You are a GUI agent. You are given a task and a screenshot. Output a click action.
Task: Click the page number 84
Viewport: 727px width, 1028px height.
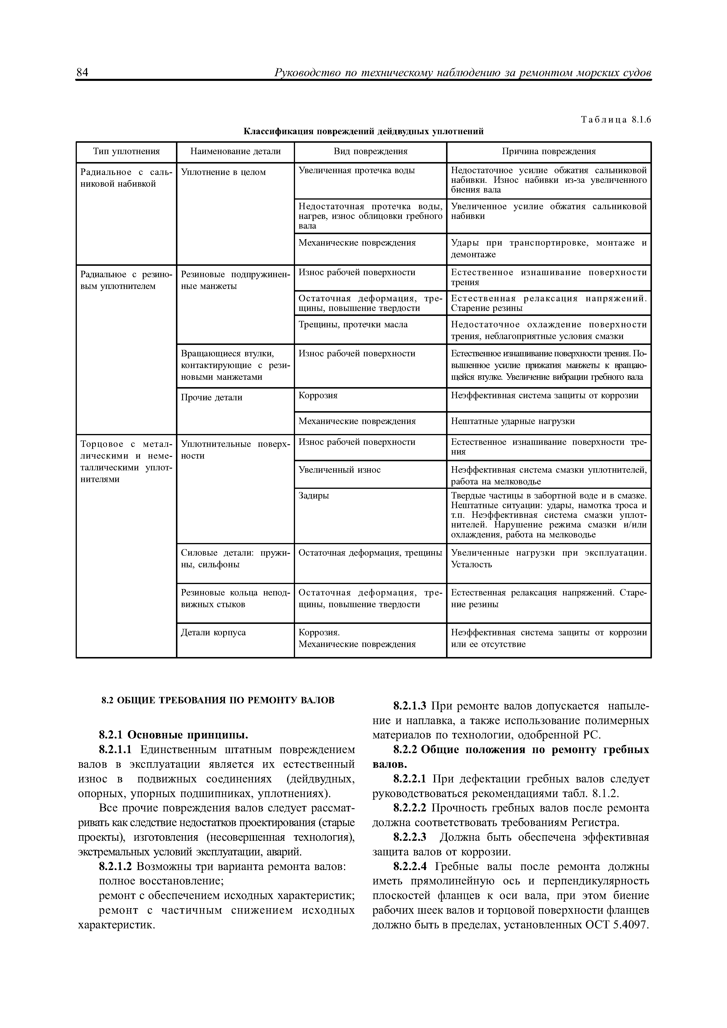(x=82, y=73)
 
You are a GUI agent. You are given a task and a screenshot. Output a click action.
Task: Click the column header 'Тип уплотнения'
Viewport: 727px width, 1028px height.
(x=126, y=151)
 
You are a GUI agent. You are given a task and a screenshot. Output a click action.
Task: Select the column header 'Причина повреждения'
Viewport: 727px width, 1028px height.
(x=548, y=151)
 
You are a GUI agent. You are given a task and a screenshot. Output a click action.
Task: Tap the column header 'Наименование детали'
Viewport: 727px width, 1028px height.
(x=235, y=151)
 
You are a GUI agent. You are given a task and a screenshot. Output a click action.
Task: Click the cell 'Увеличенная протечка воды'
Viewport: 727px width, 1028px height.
(x=357, y=171)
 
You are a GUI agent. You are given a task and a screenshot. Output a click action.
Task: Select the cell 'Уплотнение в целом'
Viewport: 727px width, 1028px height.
(x=223, y=172)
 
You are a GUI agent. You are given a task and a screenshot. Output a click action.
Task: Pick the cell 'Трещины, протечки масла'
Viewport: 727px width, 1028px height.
(x=353, y=325)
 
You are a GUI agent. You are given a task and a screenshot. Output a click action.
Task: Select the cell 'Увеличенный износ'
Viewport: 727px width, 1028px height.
(x=340, y=470)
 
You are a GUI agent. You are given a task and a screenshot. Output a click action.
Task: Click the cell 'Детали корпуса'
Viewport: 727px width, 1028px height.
(x=213, y=633)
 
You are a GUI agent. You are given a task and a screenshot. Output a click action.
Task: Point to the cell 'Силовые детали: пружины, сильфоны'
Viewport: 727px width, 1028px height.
(x=235, y=558)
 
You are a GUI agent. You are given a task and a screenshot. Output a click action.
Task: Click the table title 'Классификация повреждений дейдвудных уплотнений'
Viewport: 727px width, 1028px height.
(x=363, y=131)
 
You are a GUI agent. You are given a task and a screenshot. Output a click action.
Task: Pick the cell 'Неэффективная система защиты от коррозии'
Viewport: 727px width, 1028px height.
(x=545, y=395)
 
